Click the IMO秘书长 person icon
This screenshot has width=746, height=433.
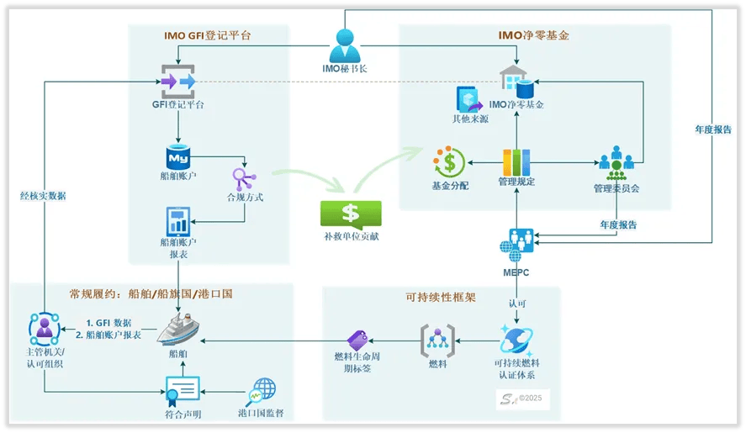pos(345,44)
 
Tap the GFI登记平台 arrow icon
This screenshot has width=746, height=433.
pos(178,81)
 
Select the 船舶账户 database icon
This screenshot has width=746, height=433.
pos(178,157)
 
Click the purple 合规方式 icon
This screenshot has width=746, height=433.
pos(245,178)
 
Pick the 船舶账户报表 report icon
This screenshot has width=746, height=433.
pos(178,221)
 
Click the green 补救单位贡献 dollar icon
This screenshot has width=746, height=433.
pos(351,214)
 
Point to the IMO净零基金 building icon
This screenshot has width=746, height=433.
pos(516,82)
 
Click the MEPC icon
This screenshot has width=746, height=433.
pos(516,244)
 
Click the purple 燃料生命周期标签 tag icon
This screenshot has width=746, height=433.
pos(359,340)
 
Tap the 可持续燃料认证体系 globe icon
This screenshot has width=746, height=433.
pos(514,341)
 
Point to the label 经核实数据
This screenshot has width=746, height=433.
pos(44,196)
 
